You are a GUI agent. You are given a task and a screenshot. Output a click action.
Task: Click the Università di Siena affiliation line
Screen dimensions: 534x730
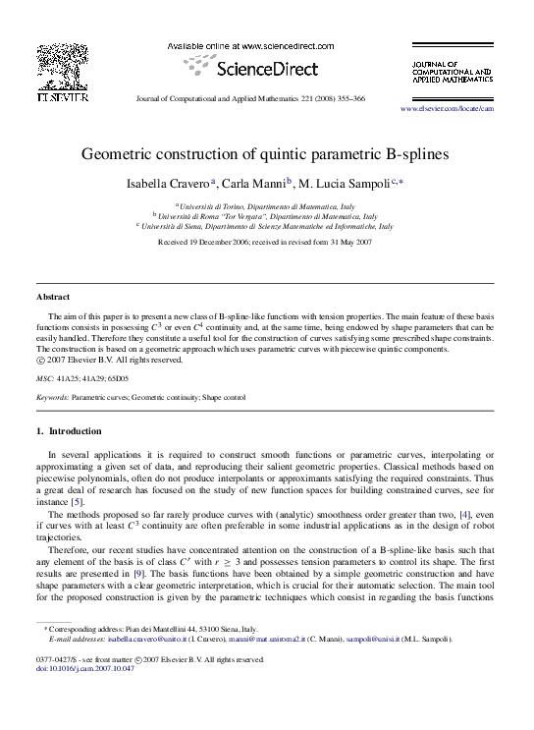[x=266, y=226]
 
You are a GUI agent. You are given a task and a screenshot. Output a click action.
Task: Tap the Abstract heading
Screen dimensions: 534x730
[x=53, y=296]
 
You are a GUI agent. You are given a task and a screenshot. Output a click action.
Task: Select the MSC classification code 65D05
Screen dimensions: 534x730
[x=120, y=377]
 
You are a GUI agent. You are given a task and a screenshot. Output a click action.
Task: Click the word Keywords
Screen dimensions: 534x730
[x=52, y=397]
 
